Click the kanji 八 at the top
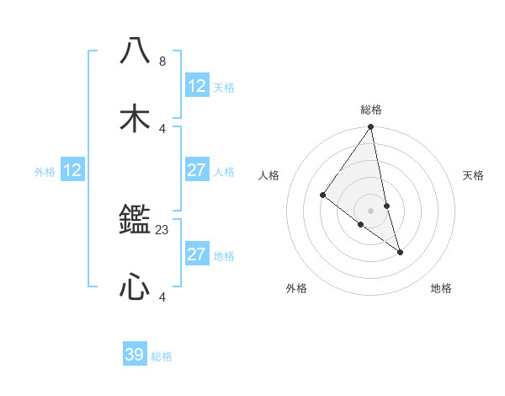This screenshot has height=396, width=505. pyautogui.click(x=135, y=51)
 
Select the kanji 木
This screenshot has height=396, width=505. pyautogui.click(x=135, y=117)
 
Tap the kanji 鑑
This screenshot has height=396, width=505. pyautogui.click(x=135, y=221)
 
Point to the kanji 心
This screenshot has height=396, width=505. pyautogui.click(x=135, y=287)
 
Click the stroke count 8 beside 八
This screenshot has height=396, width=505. pyautogui.click(x=162, y=62)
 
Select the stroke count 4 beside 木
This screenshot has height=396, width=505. pyautogui.click(x=162, y=128)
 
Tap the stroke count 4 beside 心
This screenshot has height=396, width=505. pyautogui.click(x=162, y=296)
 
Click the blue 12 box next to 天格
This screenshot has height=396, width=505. pyautogui.click(x=196, y=86)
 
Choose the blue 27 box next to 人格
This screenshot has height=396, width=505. pyautogui.click(x=196, y=170)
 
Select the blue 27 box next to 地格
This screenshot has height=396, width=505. pyautogui.click(x=196, y=254)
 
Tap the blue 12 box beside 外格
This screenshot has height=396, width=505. pyautogui.click(x=72, y=170)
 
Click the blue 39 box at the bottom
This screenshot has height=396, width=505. pyautogui.click(x=135, y=355)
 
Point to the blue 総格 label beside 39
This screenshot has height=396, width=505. pyautogui.click(x=162, y=356)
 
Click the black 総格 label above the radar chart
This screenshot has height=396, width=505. pyautogui.click(x=371, y=110)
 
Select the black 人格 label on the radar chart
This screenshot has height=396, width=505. pyautogui.click(x=268, y=175)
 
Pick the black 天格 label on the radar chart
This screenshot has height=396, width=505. pyautogui.click(x=474, y=175)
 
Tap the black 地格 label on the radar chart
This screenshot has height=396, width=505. pyautogui.click(x=441, y=288)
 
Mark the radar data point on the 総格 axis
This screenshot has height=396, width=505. pyautogui.click(x=371, y=127)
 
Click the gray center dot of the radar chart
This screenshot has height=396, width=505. pyautogui.click(x=371, y=211)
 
